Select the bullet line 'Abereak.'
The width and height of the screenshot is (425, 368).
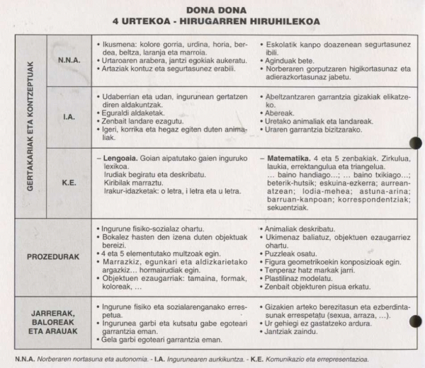tap(279, 112)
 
